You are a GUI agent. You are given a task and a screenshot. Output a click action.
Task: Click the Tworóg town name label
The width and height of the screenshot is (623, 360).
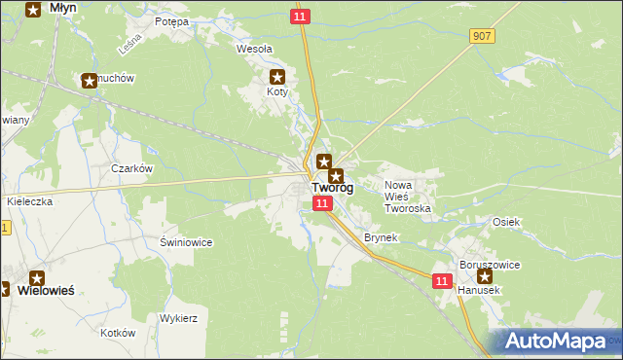(332, 189)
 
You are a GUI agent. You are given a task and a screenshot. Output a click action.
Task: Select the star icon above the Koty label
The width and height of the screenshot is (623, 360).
(277, 77)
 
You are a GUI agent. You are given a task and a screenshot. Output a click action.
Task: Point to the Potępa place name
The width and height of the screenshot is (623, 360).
(171, 20)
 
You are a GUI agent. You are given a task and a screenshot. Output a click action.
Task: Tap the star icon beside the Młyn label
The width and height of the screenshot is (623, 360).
(33, 10)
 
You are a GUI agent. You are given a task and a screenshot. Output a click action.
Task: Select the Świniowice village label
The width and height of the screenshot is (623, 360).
(186, 241)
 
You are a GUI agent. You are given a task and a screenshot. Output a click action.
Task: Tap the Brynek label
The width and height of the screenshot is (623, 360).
(380, 237)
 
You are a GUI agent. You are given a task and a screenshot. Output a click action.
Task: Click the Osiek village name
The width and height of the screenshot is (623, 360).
(506, 222)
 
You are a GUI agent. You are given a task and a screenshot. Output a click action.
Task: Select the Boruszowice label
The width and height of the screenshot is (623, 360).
(490, 264)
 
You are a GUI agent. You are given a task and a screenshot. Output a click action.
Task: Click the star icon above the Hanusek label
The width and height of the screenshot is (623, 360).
(485, 276)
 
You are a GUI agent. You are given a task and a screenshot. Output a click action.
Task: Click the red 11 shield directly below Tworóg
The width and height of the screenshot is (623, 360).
(323, 202)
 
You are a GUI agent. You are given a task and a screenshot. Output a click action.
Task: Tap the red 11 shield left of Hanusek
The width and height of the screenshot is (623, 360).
(442, 280)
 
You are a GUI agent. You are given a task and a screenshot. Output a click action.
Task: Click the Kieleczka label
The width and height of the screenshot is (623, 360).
(28, 201)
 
